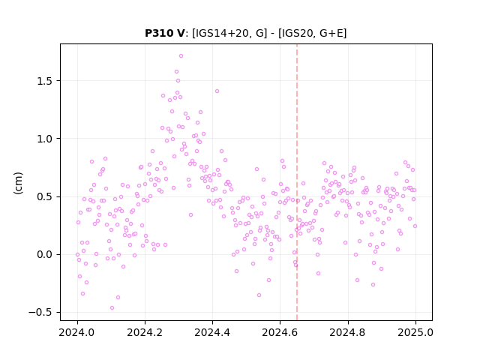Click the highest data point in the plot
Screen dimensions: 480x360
tap(181, 55)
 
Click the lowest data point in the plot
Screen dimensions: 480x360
tap(112, 307)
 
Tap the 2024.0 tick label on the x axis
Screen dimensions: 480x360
tap(77, 332)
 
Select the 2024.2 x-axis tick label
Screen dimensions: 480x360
tap(145, 332)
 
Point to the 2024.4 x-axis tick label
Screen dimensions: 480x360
tap(212, 332)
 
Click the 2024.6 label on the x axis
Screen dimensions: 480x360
tap(280, 332)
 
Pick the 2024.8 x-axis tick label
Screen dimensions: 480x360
tap(347, 332)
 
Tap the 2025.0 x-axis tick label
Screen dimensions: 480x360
tap(415, 332)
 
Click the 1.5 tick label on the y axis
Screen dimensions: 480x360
tap(45, 81)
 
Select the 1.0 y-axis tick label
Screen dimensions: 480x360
tap(45, 139)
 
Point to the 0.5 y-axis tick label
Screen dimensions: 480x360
tap(45, 196)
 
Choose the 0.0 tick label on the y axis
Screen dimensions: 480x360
tap(45, 254)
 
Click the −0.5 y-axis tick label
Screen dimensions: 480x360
tap(40, 312)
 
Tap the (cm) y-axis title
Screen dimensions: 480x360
tap(18, 183)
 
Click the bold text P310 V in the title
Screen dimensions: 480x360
tap(165, 33)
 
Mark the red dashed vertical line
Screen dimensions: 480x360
tap(297, 182)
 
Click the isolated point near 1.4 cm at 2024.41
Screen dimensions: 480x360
tap(217, 91)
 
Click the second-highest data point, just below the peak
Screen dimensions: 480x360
tap(177, 72)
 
